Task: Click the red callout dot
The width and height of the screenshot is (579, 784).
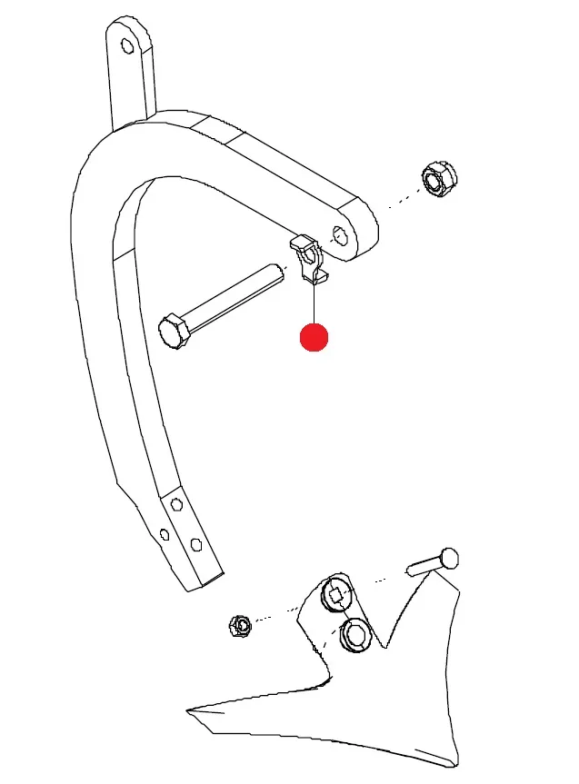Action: click(314, 337)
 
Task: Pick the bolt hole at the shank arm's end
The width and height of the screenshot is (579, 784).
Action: click(340, 234)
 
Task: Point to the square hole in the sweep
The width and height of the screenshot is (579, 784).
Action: click(335, 595)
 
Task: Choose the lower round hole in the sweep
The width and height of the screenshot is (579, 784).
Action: click(354, 635)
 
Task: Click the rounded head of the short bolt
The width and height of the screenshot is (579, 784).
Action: click(449, 558)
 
